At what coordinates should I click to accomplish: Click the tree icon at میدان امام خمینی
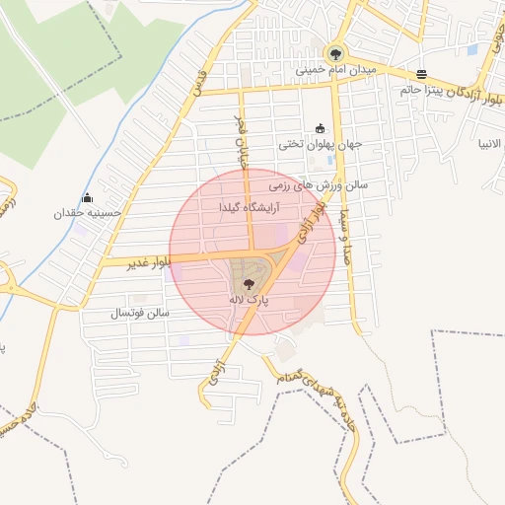tap(336, 54)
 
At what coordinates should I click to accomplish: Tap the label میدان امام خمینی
tap(336, 71)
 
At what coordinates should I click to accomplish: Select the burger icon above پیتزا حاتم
tap(422, 74)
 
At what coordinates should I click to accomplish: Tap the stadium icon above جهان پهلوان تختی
tap(320, 128)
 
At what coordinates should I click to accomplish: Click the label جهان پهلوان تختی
tap(321, 143)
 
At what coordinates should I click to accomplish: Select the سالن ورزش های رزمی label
tap(320, 183)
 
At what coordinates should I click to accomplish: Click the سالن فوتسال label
tap(140, 313)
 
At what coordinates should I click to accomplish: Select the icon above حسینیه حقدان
tap(88, 197)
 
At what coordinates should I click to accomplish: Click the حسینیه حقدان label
tap(88, 212)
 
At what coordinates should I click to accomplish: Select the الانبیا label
tap(490, 143)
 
